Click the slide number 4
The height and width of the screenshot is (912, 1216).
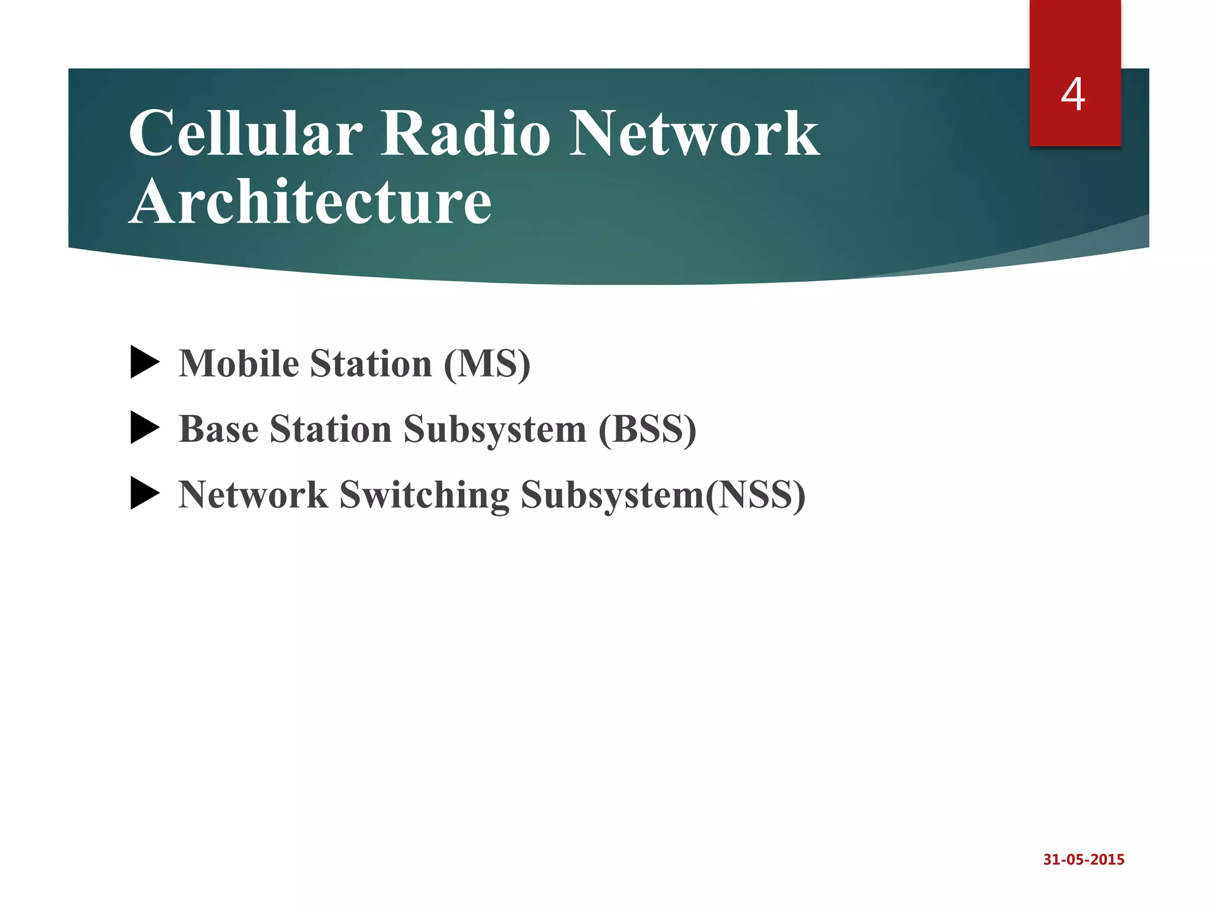point(1073,95)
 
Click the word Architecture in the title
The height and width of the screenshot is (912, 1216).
point(310,202)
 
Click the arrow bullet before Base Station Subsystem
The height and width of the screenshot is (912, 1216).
point(145,428)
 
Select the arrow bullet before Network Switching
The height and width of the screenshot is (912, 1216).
point(145,494)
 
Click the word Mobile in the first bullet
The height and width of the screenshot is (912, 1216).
point(239,363)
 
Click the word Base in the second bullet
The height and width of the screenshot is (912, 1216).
point(218,429)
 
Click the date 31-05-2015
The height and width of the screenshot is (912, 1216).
point(1084,860)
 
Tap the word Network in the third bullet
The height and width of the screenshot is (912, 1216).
point(253,495)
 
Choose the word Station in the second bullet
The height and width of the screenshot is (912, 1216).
point(330,429)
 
